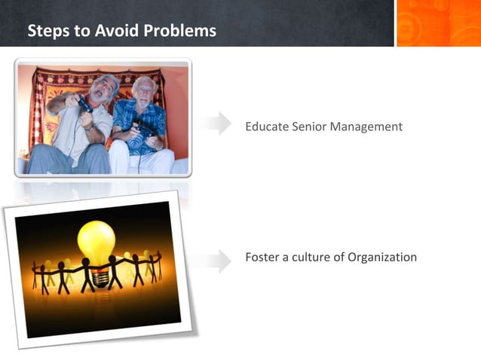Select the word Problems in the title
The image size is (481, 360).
tap(179, 31)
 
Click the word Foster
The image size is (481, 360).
tap(263, 257)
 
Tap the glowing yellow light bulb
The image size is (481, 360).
tap(97, 241)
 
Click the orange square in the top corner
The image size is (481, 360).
tap(438, 23)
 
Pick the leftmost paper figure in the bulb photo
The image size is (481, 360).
tap(36, 276)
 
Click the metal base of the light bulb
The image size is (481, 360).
tap(96, 267)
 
